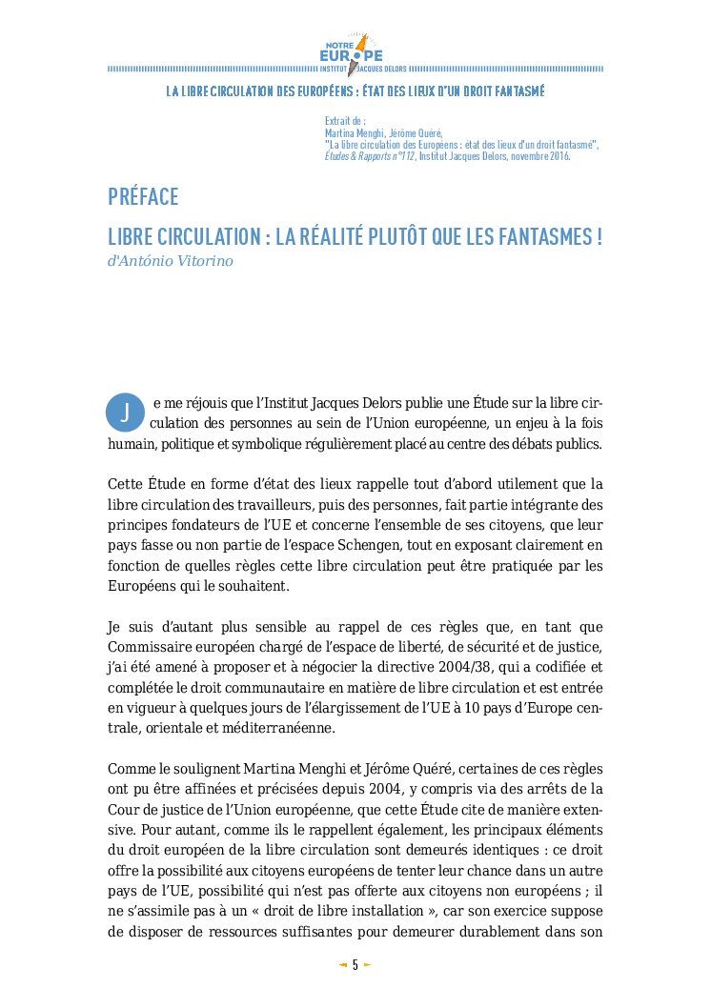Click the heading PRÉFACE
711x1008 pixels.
click(143, 197)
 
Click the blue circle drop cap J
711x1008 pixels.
click(126, 410)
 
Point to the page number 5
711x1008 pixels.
click(355, 964)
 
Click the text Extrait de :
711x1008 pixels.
click(345, 122)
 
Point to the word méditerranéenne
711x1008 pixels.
click(281, 727)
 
